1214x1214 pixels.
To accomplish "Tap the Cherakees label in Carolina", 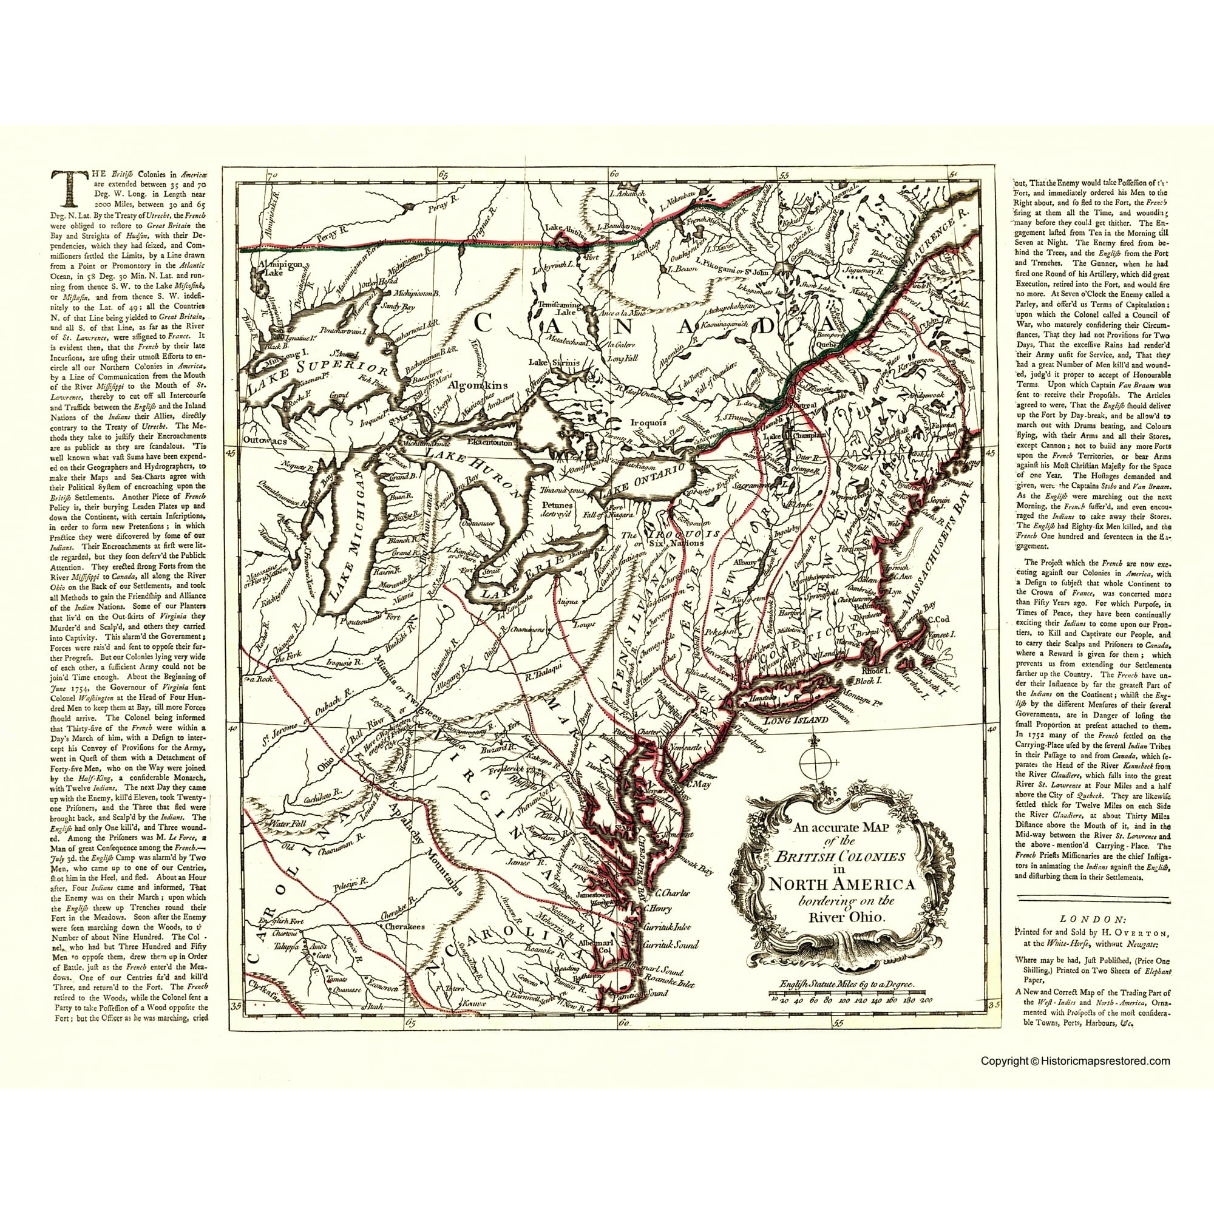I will pos(404,926).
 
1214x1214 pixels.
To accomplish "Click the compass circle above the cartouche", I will pos(815,762).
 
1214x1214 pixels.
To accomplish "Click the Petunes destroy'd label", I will pos(555,508).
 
